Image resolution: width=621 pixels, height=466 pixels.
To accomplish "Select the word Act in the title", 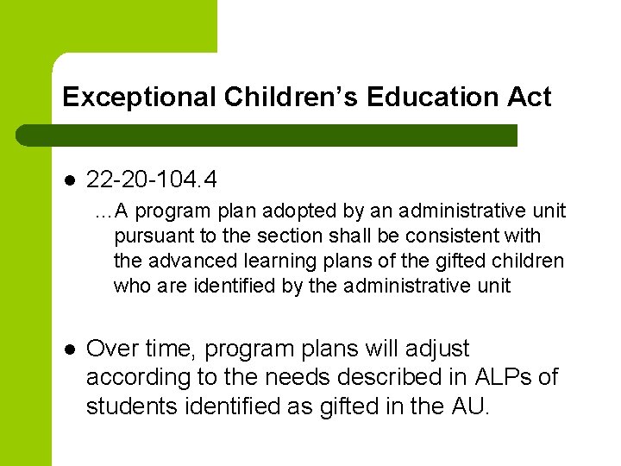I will coord(530,97).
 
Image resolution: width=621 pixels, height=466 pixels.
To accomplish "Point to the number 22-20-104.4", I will coord(152,180).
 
